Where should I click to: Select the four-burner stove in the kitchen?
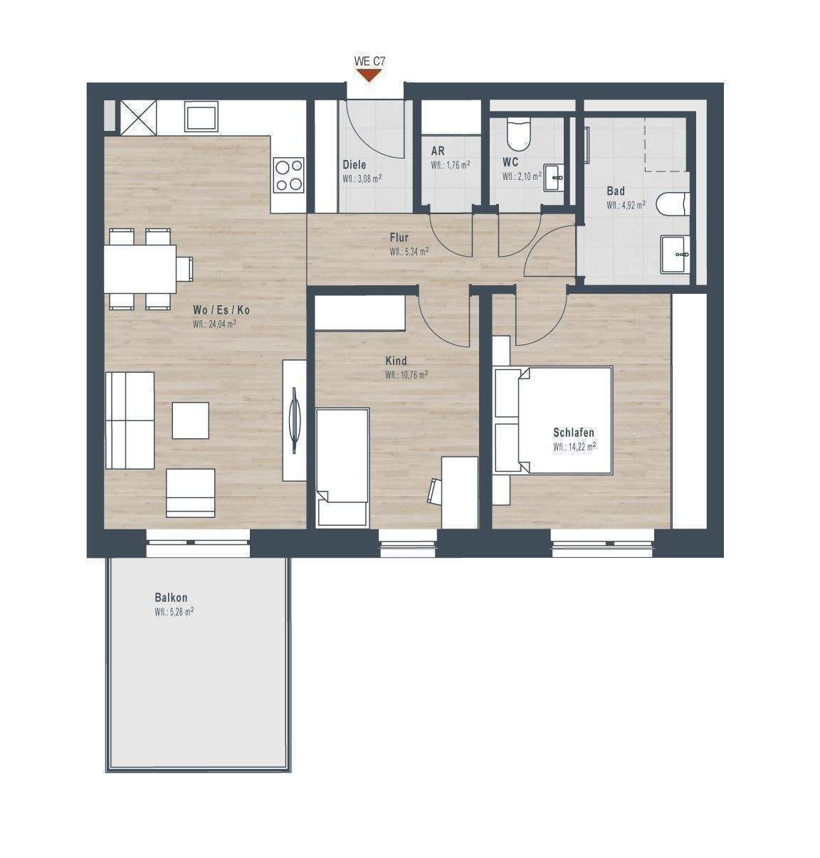(x=289, y=174)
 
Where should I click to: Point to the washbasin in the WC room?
(x=554, y=177)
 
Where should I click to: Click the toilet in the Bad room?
(x=673, y=205)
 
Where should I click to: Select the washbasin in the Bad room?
(x=675, y=255)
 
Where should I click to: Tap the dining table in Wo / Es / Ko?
(x=140, y=269)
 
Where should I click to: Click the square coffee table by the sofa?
(x=190, y=420)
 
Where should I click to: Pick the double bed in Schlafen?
(x=554, y=420)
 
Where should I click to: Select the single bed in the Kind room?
(x=342, y=467)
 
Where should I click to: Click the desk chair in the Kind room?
(x=434, y=490)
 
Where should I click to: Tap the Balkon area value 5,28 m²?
(x=174, y=612)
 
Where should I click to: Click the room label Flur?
(x=399, y=238)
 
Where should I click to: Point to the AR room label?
(x=438, y=151)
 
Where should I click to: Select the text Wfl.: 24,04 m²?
(x=214, y=324)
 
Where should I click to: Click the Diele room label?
(x=354, y=164)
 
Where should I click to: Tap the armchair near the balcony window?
(x=190, y=492)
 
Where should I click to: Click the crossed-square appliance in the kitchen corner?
(x=138, y=116)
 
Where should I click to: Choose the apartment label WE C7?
(x=369, y=61)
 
